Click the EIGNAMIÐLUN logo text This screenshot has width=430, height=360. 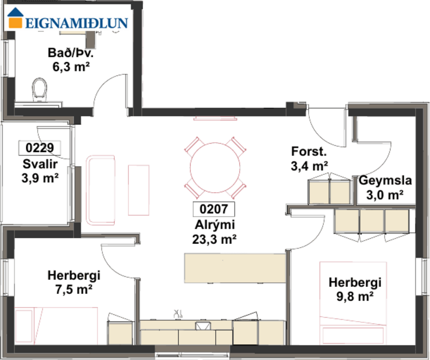click(75, 23)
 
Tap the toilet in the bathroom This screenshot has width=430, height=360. click(40, 90)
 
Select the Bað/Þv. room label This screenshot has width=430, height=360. click(71, 54)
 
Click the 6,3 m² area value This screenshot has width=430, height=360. click(71, 67)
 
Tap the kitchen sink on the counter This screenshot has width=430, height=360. click(203, 326)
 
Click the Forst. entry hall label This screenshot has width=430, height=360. click(309, 153)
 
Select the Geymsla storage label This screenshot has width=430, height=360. click(381, 181)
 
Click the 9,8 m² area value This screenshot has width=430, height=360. click(355, 297)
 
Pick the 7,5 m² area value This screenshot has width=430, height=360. click(74, 289)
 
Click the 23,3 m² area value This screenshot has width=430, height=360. click(213, 237)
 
